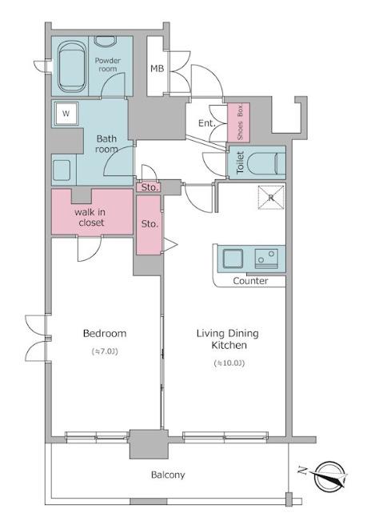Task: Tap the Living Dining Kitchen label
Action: click(228, 339)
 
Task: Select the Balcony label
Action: click(168, 475)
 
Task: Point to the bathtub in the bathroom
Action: click(72, 66)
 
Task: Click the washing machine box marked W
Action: click(66, 114)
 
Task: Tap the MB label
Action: click(157, 69)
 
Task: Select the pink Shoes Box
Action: click(238, 122)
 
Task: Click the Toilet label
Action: click(240, 162)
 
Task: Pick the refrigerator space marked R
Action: click(271, 198)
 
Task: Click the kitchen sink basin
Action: click(233, 258)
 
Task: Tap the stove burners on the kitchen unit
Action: click(266, 258)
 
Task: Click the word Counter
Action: click(250, 281)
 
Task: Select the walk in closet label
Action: click(90, 217)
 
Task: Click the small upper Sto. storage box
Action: click(150, 187)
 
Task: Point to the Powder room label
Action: click(108, 65)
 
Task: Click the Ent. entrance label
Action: click(206, 123)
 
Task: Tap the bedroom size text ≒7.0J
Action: click(105, 351)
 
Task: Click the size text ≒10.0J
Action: click(229, 363)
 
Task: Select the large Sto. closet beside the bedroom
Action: click(149, 225)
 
